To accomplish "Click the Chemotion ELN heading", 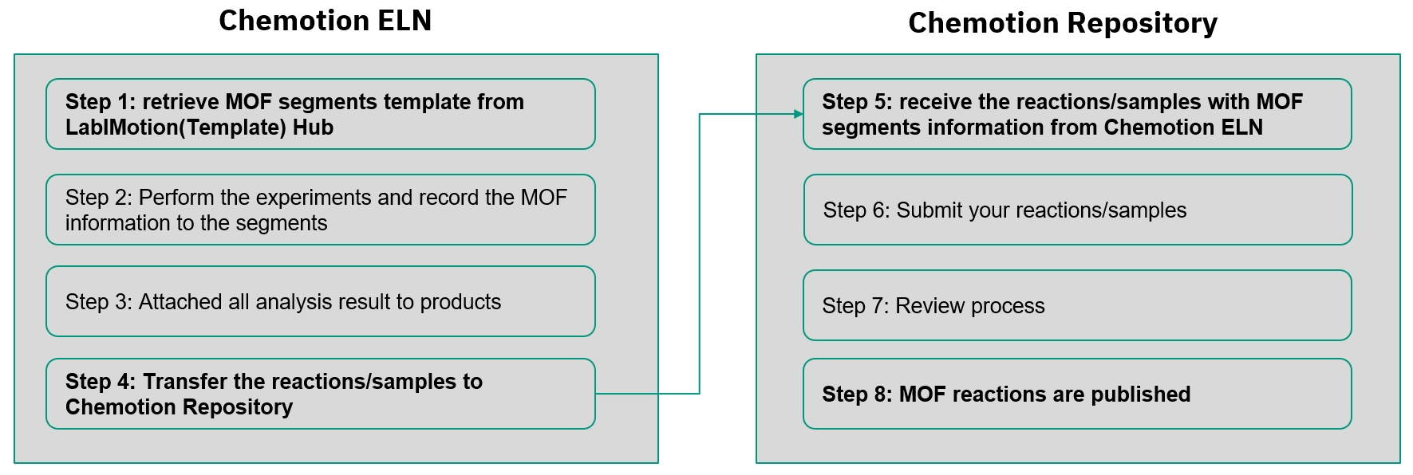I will tap(325, 21).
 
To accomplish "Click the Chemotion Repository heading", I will tap(1062, 23).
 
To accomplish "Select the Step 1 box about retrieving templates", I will tap(320, 114).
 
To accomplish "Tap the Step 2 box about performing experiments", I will tap(320, 210).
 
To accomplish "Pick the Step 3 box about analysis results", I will tap(320, 301).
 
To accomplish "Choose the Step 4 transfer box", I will tap(320, 394).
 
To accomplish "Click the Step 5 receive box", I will tap(1077, 114).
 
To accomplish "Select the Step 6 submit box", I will tap(1077, 210).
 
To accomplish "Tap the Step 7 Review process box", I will tap(1077, 305).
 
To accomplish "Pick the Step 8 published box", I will tap(1077, 394).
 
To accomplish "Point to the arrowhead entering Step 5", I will tap(798, 114).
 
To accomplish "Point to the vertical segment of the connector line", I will tap(700, 255).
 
